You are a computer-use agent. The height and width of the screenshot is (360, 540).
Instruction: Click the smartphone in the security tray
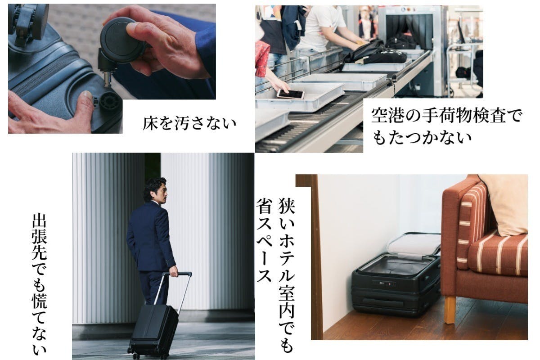(291, 94)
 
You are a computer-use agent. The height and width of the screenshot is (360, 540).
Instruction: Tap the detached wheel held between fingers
(120, 40)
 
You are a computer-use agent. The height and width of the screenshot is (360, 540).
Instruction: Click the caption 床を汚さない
(189, 123)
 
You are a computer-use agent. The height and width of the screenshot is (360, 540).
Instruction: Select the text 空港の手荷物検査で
(446, 116)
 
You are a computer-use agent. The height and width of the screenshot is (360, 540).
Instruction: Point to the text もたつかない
(422, 137)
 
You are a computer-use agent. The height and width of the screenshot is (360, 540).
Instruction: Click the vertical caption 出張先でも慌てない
(39, 284)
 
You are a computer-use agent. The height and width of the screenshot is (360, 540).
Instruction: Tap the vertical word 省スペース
(265, 240)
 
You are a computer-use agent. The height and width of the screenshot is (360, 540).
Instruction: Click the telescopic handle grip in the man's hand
(178, 274)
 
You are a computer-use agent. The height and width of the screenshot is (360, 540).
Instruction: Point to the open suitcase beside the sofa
(396, 275)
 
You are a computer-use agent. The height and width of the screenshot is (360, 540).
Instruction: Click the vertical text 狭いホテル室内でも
(287, 275)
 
